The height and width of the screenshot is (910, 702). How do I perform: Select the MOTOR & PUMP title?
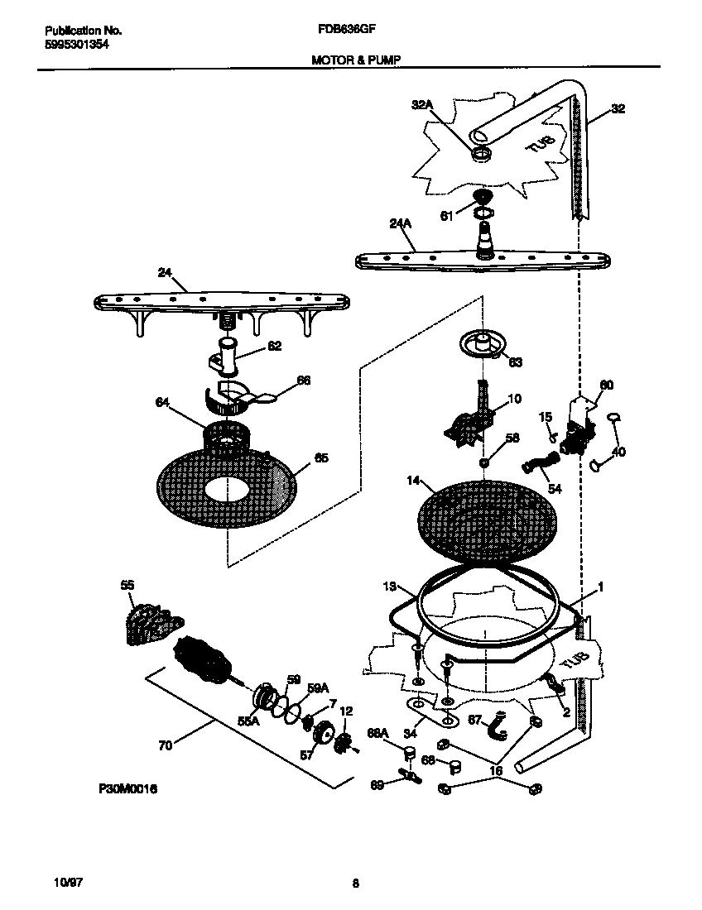coord(348,60)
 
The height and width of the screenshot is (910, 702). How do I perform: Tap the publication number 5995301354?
coord(76,44)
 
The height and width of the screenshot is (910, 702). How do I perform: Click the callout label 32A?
coord(422,105)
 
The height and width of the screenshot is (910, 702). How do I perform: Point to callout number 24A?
coord(401,223)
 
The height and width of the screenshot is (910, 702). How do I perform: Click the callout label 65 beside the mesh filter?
coord(321,457)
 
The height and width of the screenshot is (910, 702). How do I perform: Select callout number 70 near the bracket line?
coord(166,745)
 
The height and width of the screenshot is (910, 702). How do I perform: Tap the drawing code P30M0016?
coord(127,789)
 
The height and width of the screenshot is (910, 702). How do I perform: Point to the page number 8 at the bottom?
coord(355,883)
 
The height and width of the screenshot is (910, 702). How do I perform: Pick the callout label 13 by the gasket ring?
coord(391,587)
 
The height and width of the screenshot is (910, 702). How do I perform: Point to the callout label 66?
coord(304,381)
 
